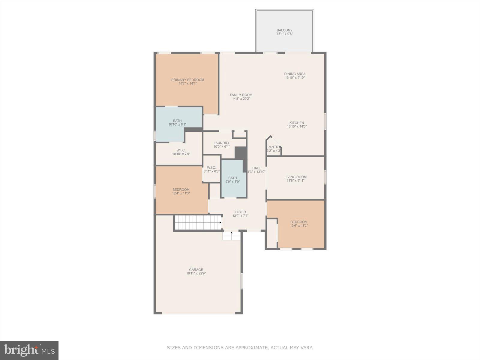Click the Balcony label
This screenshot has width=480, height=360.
coord(284,30)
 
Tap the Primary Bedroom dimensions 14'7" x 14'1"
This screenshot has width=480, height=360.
coord(187,84)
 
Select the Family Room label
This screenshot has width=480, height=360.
coord(241,95)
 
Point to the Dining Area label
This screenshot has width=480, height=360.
coord(295,74)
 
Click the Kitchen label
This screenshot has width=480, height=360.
coord(296,123)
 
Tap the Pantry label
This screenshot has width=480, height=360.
coord(273,147)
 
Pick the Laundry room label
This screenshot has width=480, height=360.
coord(221,143)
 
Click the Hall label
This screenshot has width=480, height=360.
coord(256,168)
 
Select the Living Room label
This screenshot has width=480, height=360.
coord(295,177)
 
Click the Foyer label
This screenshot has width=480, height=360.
coord(240,212)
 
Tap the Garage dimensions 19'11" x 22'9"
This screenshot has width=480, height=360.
coord(196,273)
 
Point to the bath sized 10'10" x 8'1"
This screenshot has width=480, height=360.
coord(177,122)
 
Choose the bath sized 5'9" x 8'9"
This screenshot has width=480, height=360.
coord(232,180)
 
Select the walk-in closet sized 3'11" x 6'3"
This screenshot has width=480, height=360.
coord(211,169)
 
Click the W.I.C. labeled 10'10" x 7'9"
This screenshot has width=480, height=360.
coord(181,152)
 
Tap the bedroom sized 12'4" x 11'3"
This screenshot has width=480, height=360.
coord(181,191)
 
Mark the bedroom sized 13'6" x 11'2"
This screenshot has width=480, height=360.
coord(299,224)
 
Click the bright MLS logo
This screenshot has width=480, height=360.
coord(29,350)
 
